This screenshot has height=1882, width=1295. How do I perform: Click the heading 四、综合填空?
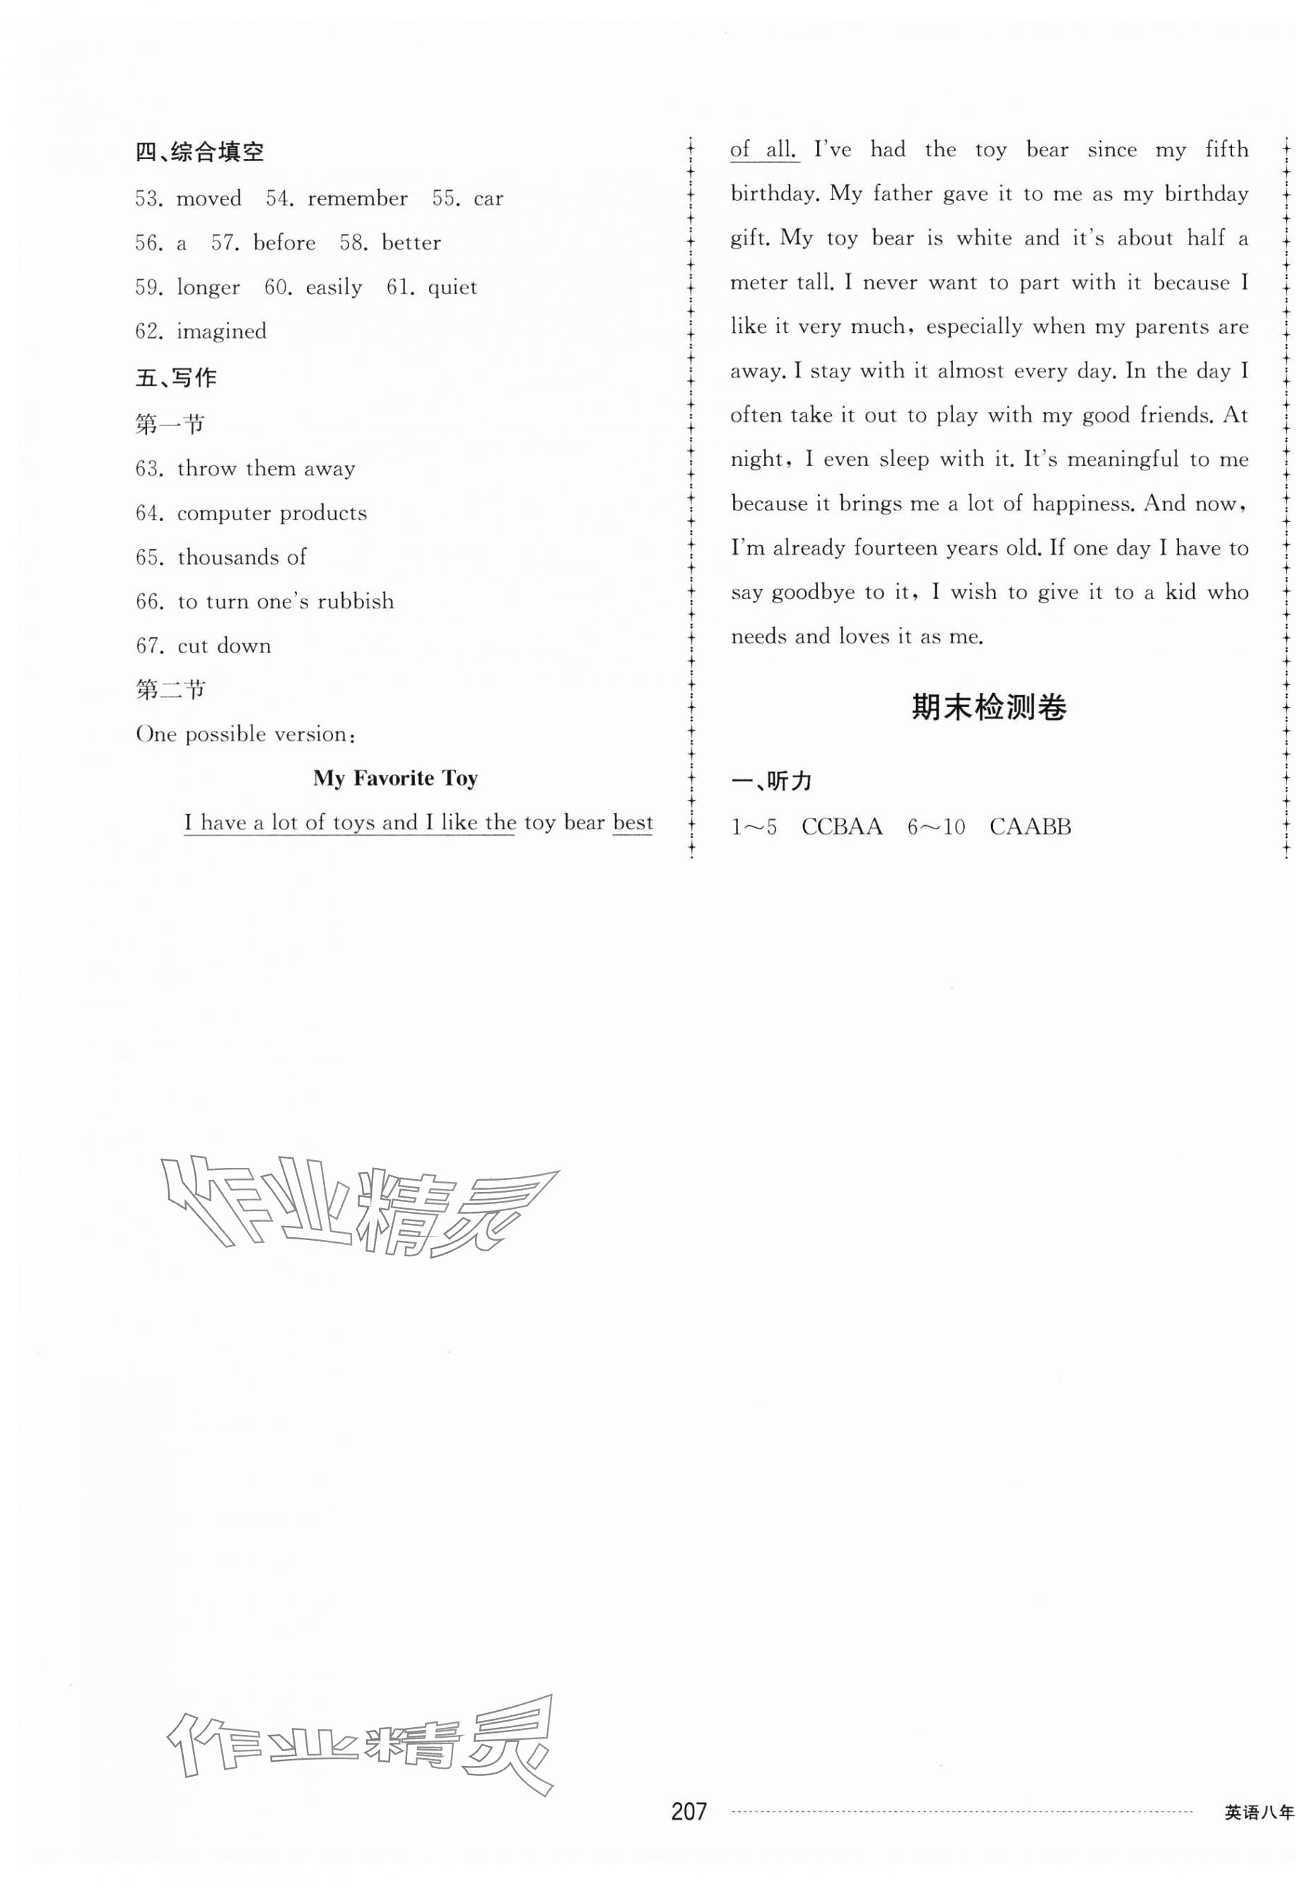pyautogui.click(x=199, y=152)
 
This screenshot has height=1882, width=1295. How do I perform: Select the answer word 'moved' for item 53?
pyautogui.click(x=209, y=199)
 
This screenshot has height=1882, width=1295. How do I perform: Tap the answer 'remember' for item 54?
pyautogui.click(x=357, y=199)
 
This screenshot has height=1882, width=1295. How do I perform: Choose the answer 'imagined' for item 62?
pyautogui.click(x=221, y=332)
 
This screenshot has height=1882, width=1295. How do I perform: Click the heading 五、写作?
pyautogui.click(x=175, y=378)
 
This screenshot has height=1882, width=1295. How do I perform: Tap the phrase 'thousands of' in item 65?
pyautogui.click(x=241, y=558)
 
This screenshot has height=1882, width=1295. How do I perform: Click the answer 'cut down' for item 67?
pyautogui.click(x=224, y=646)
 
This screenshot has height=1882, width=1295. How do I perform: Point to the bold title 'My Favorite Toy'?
pyautogui.click(x=395, y=778)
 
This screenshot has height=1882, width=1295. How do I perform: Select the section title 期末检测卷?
pyautogui.click(x=988, y=708)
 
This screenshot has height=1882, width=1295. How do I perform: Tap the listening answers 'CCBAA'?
pyautogui.click(x=840, y=827)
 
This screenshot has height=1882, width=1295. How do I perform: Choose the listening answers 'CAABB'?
pyautogui.click(x=1030, y=827)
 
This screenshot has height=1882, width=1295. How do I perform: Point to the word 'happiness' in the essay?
pyautogui.click(x=1082, y=504)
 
